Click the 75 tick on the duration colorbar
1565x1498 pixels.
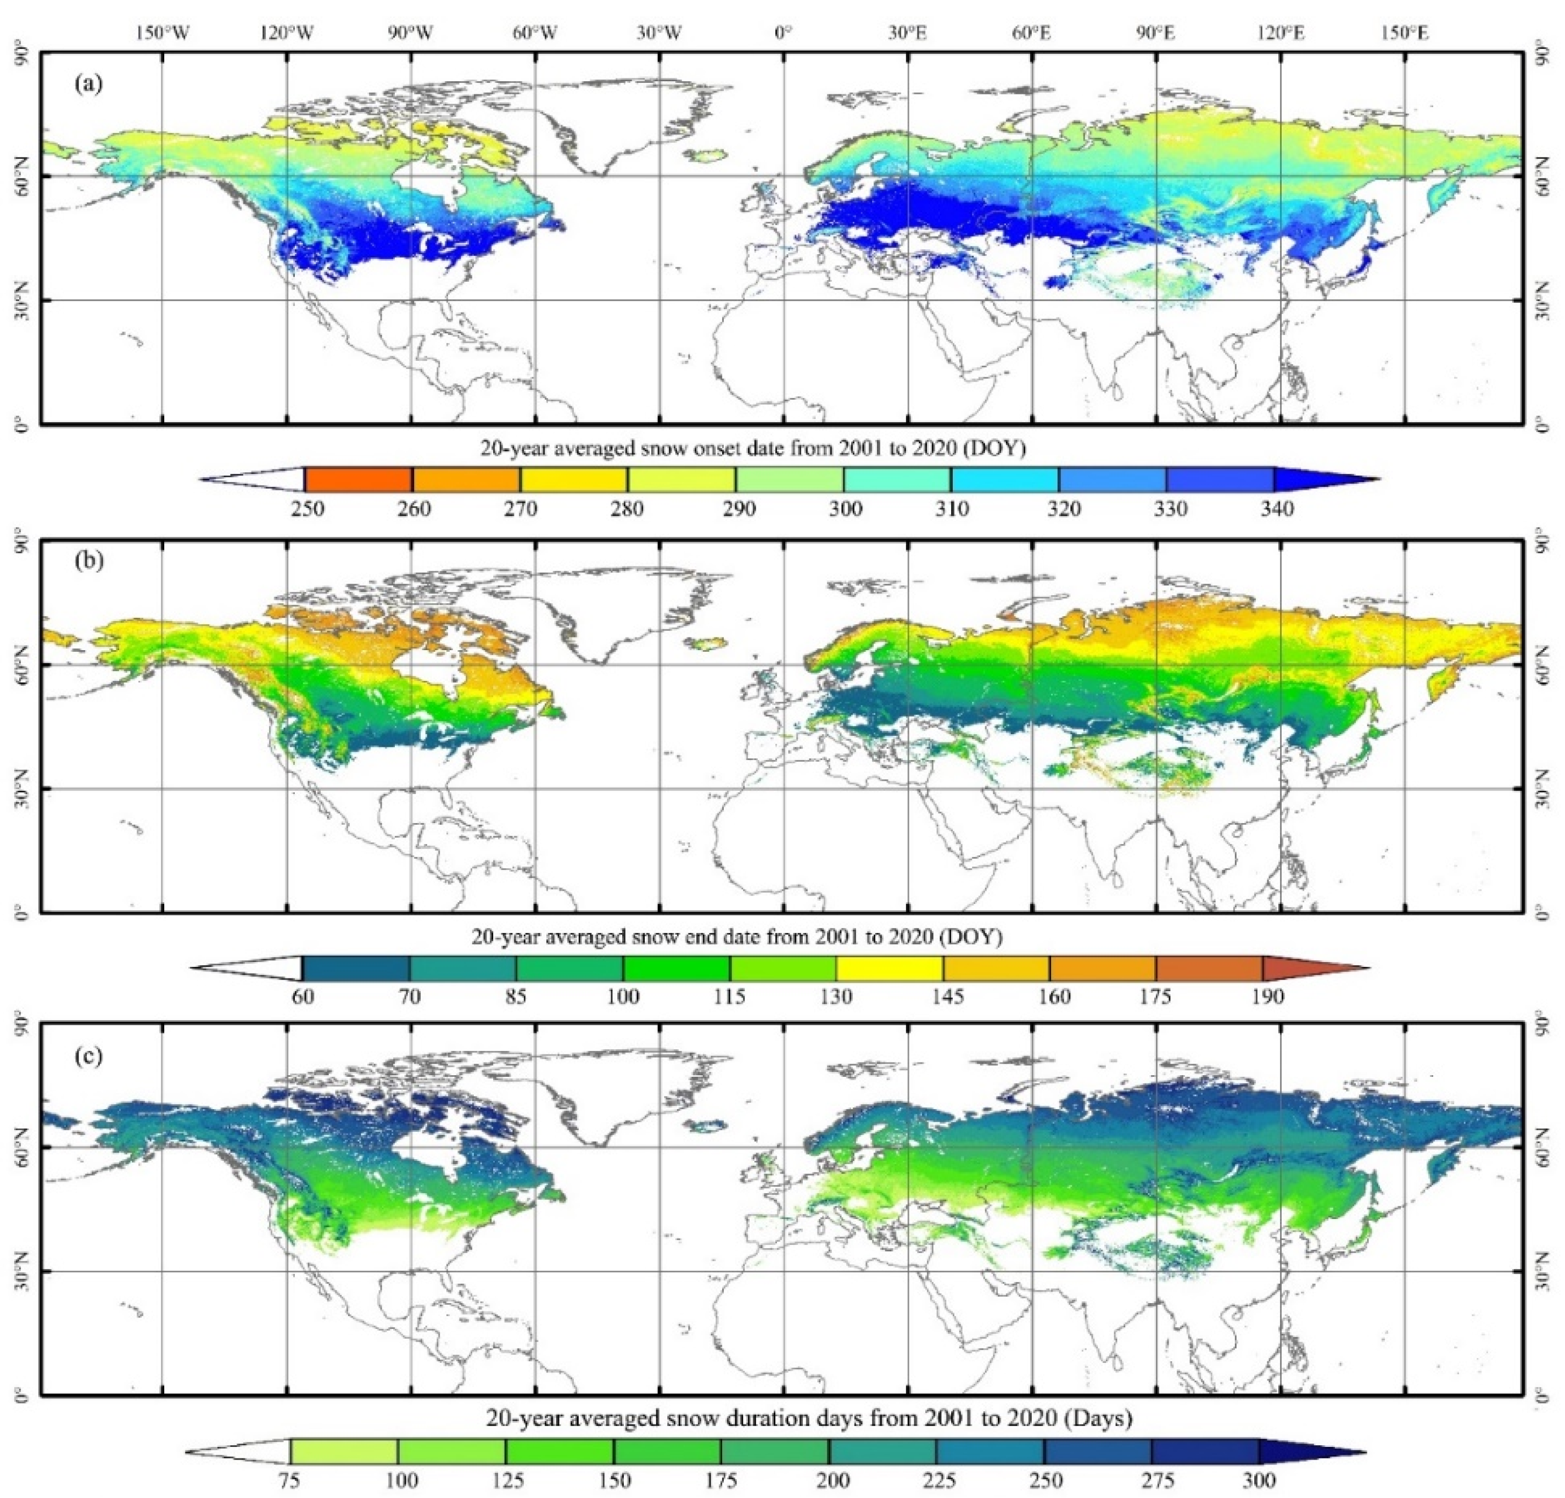[290, 1480]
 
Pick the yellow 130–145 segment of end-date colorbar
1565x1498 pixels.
[890, 969]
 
